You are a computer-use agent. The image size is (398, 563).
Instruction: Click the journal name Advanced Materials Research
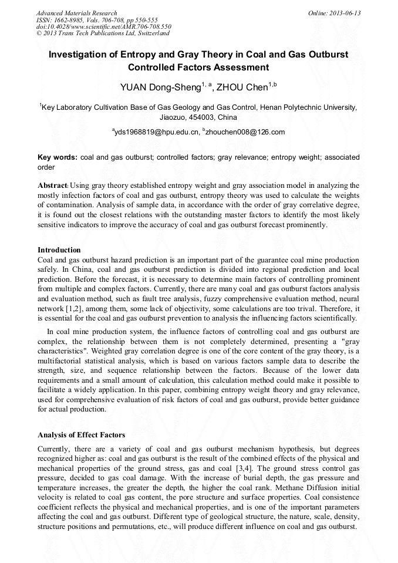(76, 13)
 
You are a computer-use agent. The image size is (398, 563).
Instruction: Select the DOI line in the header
(103, 27)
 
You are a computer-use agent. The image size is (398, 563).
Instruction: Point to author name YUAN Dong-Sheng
(160, 88)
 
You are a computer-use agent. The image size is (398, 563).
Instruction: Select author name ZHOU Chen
(242, 88)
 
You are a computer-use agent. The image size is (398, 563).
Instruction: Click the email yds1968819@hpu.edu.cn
(157, 132)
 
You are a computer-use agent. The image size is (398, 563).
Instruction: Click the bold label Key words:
(57, 157)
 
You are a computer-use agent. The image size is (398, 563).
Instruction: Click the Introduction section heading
(59, 250)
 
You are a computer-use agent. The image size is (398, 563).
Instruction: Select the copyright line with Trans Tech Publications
(103, 34)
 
